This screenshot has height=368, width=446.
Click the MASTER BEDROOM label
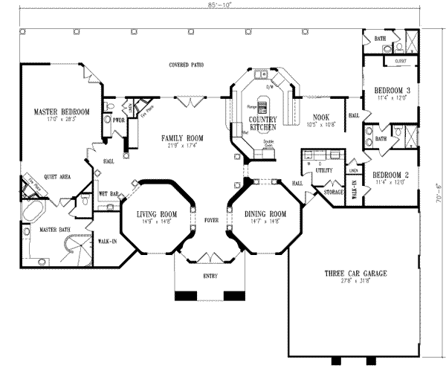(x=62, y=112)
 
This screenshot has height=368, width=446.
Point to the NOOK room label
(x=320, y=117)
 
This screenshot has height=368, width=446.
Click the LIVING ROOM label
(x=157, y=214)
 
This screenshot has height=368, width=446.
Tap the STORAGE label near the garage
(x=332, y=191)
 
